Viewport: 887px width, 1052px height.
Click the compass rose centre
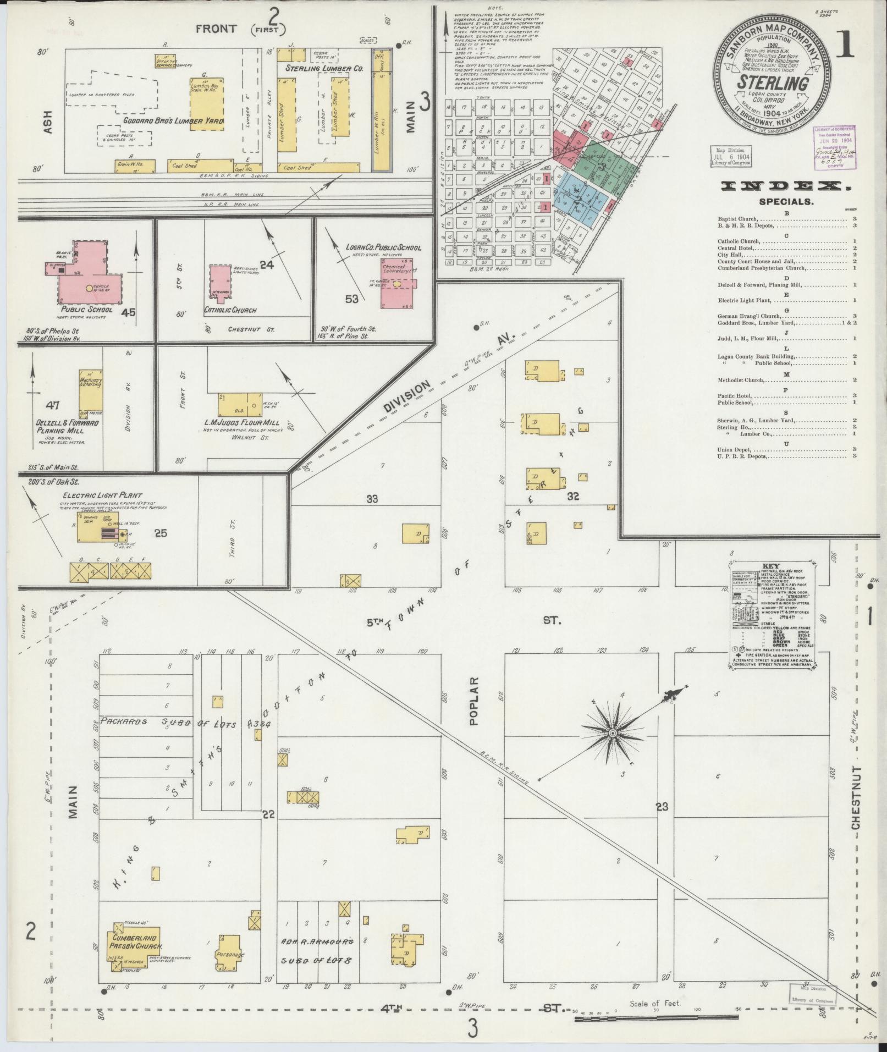[611, 734]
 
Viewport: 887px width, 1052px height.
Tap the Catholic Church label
[230, 310]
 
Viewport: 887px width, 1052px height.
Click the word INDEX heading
[785, 186]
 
